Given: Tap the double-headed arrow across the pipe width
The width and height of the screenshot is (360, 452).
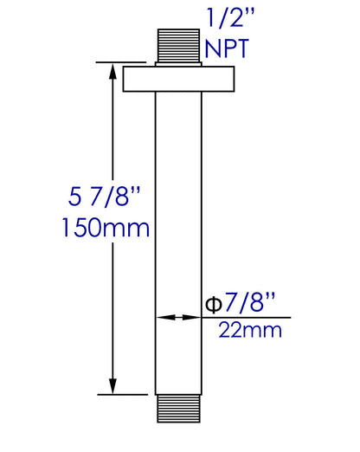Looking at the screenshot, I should tap(179, 319).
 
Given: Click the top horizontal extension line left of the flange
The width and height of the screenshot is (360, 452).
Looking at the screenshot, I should tap(111, 62).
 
